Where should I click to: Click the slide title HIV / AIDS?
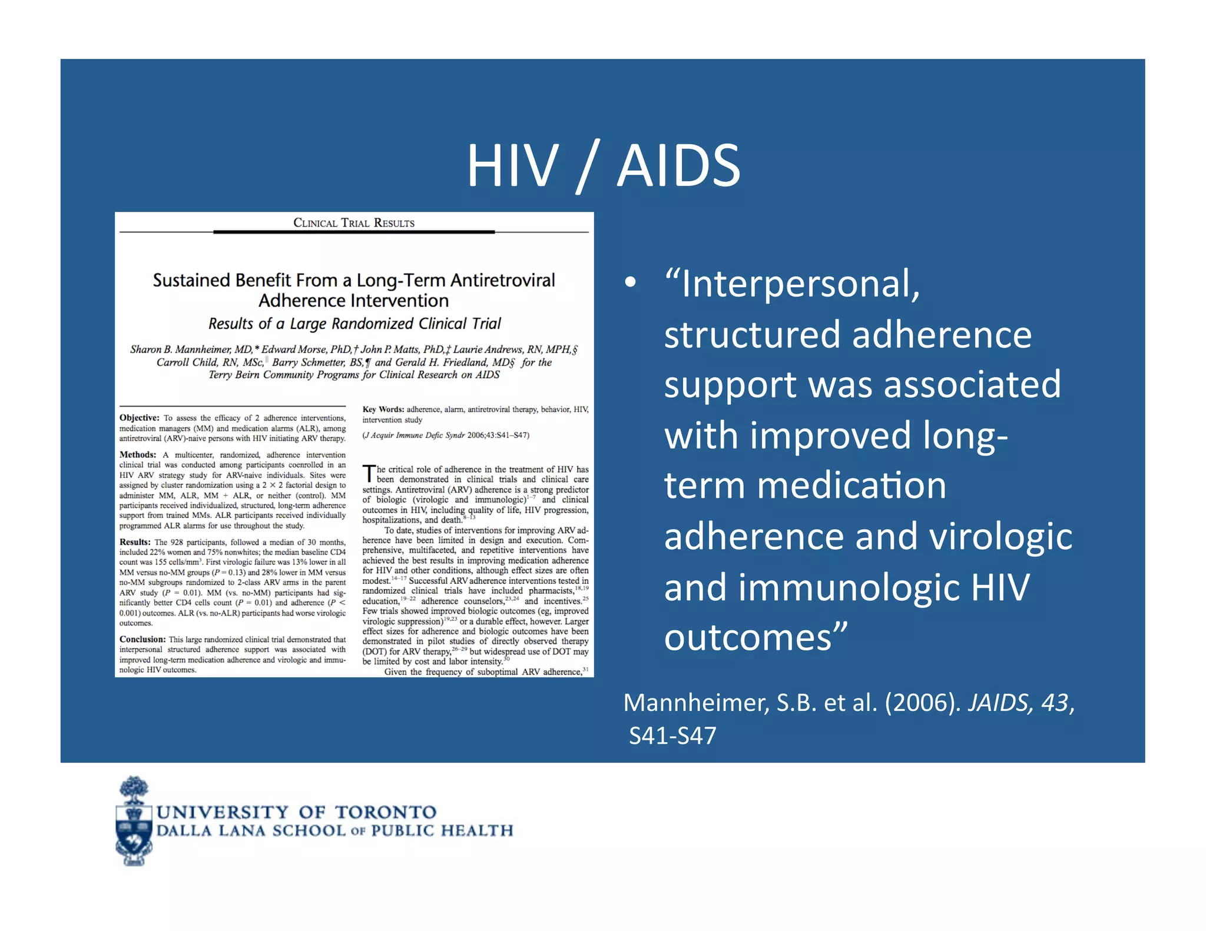[603, 166]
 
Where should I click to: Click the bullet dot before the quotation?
[631, 282]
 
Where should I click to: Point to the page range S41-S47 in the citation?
[672, 736]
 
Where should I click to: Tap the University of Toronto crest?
[134, 821]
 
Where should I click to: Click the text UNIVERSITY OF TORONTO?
[296, 812]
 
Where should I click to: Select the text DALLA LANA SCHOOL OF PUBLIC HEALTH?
[334, 831]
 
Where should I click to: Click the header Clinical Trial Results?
[354, 223]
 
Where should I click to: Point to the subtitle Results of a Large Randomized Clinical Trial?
[354, 324]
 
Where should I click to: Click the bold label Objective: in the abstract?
[140, 418]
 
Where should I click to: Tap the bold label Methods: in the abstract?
[138, 455]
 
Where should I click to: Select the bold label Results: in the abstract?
[135, 542]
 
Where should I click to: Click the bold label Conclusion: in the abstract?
[143, 639]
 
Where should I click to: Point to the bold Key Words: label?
[383, 410]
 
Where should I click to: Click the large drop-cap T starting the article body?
[369, 474]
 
